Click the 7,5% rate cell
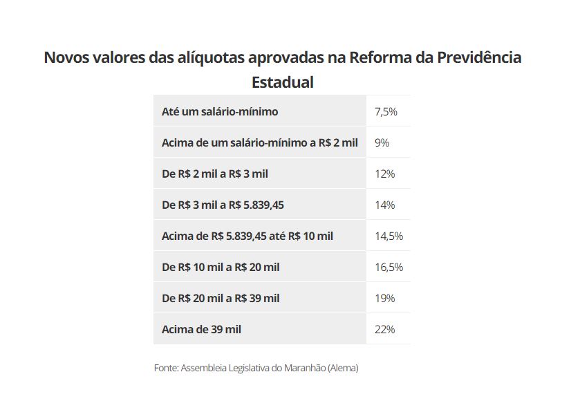[386, 111]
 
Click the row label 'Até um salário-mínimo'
[220, 111]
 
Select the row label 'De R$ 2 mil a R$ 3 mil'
[214, 174]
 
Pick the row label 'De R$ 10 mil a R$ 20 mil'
[221, 267]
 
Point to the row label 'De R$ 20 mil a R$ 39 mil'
[221, 298]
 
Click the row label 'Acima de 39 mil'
[201, 329]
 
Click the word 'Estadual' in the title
[282, 82]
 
